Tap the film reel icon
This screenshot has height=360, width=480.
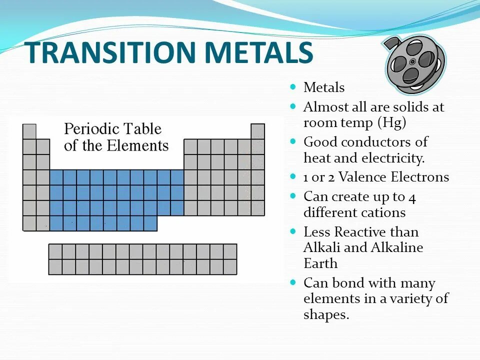[x=414, y=62]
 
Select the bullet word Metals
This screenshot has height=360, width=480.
[x=324, y=88]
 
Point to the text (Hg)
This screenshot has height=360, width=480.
[x=392, y=123]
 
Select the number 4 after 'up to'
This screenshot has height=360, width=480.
[x=412, y=197]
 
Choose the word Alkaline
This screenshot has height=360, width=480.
[x=397, y=247]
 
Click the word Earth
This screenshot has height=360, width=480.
[x=320, y=263]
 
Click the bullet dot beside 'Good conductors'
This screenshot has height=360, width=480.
[x=293, y=141]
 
